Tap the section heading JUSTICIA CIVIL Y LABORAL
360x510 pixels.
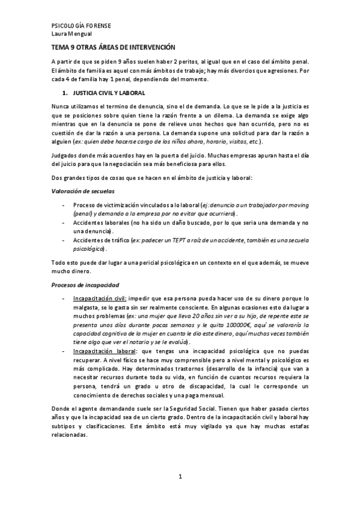tap(108, 93)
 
